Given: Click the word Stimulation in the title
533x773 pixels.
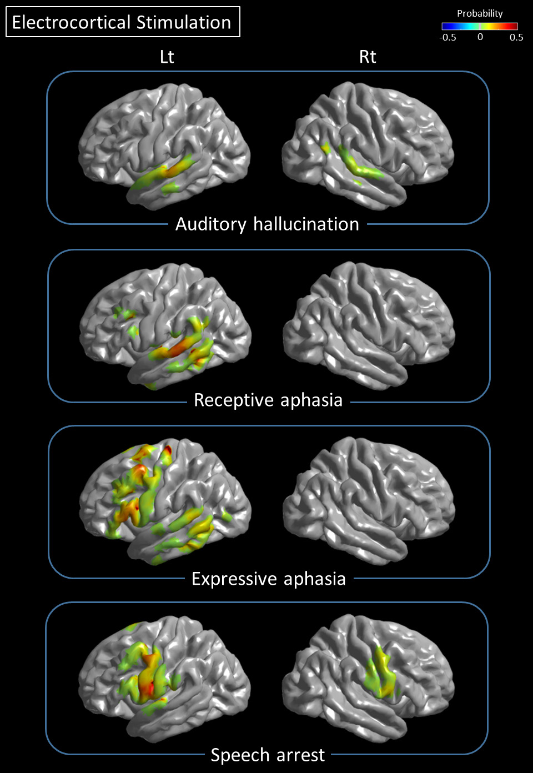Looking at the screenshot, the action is click(184, 23).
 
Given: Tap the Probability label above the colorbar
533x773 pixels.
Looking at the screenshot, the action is click(480, 13).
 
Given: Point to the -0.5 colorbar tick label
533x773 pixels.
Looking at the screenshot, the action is click(447, 37).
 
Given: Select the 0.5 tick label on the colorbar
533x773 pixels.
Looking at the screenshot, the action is click(516, 37).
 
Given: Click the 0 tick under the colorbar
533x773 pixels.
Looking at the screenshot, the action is click(480, 37).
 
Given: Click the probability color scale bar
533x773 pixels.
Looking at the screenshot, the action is click(480, 27).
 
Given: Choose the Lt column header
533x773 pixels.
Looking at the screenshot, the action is click(167, 57).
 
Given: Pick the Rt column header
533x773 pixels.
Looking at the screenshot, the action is click(368, 57).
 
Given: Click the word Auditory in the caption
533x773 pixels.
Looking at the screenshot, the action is click(211, 225).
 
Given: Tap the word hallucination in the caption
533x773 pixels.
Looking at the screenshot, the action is click(306, 224).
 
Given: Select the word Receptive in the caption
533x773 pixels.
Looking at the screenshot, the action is click(234, 400).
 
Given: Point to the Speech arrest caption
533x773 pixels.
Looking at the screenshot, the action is click(268, 755).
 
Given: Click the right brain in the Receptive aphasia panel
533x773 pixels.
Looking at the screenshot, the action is click(369, 325).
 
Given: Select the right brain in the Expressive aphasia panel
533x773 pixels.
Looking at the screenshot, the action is click(369, 501).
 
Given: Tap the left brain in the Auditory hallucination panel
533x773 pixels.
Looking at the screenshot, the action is click(164, 147).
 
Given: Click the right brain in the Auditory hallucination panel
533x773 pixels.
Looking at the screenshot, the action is click(368, 145).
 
